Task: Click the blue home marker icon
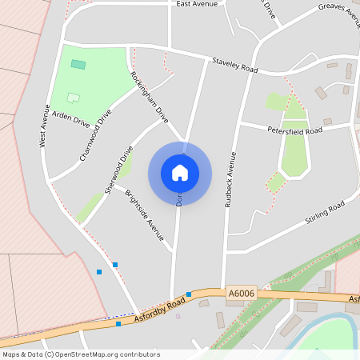pos(180,173)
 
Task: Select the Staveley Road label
pos(234,66)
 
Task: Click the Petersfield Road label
pos(294,130)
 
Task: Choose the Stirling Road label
pos(324,212)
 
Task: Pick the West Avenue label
pos(45,128)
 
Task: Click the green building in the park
pos(78,64)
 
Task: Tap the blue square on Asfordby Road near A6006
pos(189,294)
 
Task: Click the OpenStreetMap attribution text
pos(81,354)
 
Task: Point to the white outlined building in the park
pos(74,98)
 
